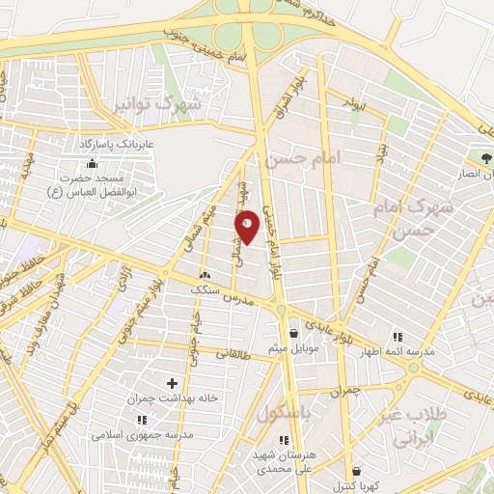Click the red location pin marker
click(248, 227)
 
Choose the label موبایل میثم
click(293, 346)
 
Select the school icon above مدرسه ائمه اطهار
click(398, 338)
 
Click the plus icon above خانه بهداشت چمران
click(173, 383)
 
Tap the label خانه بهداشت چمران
click(173, 398)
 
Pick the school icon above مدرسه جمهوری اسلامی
click(143, 421)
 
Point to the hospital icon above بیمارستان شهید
click(283, 440)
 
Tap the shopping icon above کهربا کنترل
click(359, 470)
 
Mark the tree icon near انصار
click(485, 157)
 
